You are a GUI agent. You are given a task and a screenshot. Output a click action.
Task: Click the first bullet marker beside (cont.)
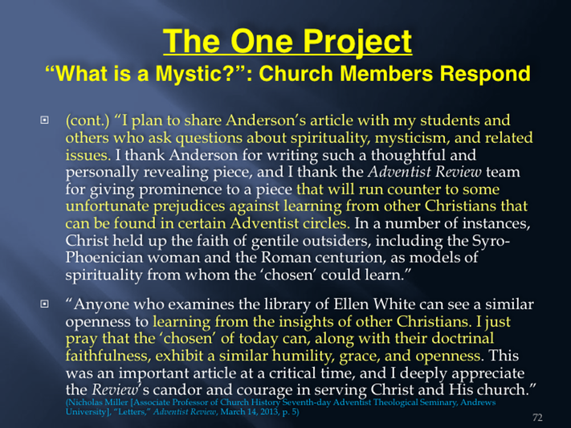pos(44,120)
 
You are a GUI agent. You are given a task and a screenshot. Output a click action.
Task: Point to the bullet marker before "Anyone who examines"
pos(44,304)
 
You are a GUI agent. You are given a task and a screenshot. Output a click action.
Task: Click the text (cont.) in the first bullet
pos(88,120)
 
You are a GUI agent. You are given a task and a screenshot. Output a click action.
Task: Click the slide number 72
pos(537,418)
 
